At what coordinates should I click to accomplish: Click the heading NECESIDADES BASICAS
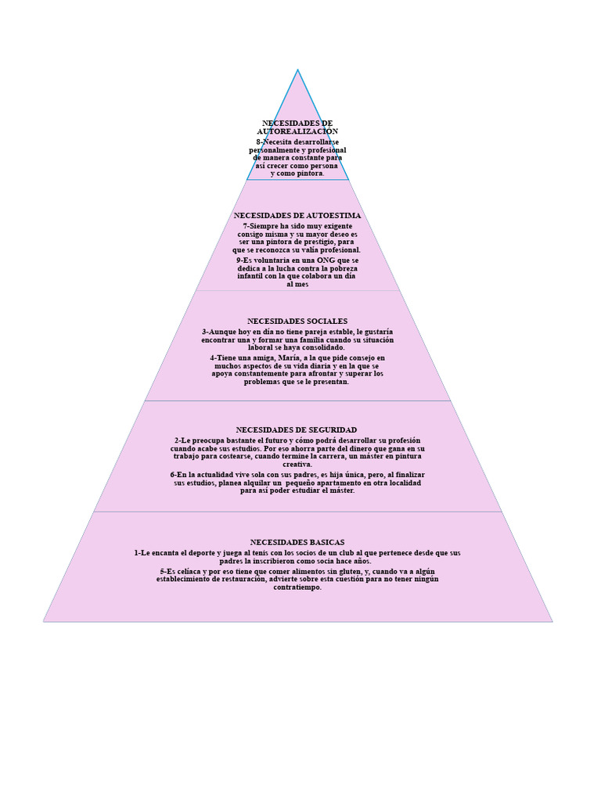coord(297,542)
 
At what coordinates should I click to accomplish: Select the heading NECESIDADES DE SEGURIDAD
coord(297,429)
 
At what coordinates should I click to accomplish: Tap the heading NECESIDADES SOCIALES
coord(297,321)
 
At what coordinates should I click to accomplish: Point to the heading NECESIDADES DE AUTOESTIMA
coord(297,216)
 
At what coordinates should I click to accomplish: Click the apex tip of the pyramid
coord(298,70)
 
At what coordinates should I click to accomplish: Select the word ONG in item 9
coord(326,260)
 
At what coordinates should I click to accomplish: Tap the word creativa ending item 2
coord(297,465)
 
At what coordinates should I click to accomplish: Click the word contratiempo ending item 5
coord(297,587)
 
